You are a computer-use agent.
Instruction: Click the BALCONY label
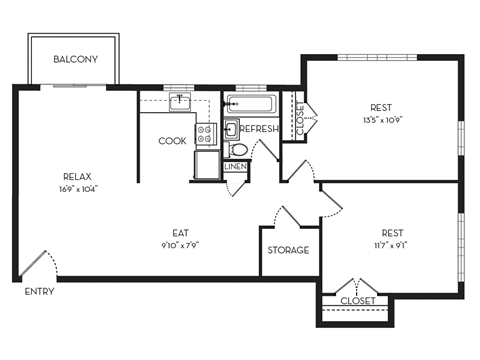pyautogui.click(x=76, y=60)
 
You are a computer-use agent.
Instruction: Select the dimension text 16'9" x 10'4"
pyautogui.click(x=77, y=188)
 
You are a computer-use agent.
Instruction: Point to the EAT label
pyautogui.click(x=180, y=232)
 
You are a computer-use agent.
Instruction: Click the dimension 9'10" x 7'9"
pyautogui.click(x=180, y=244)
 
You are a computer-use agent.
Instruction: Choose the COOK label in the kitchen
pyautogui.click(x=172, y=141)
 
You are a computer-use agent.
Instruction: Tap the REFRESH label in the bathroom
pyautogui.click(x=258, y=129)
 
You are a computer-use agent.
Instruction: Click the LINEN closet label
pyautogui.click(x=235, y=167)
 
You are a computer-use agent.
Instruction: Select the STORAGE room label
pyautogui.click(x=288, y=250)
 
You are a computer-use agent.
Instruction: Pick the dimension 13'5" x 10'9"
pyautogui.click(x=380, y=120)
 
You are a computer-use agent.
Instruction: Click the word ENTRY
pyautogui.click(x=39, y=293)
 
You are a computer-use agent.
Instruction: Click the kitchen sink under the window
pyautogui.click(x=181, y=101)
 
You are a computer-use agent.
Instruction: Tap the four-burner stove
pyautogui.click(x=206, y=132)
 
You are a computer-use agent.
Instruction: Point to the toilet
pyautogui.click(x=238, y=150)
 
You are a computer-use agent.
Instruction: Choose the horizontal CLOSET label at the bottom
pyautogui.click(x=357, y=300)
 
